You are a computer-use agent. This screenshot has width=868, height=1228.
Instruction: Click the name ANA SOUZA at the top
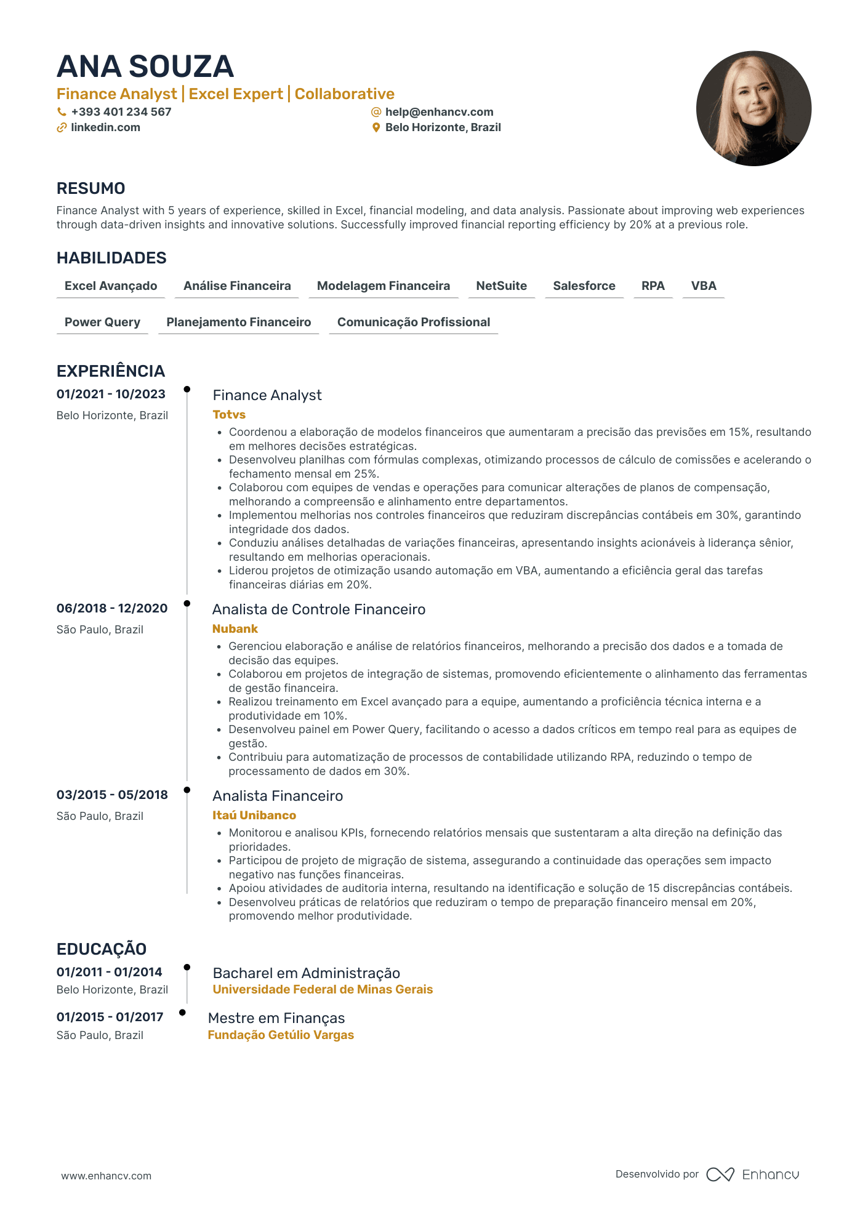pyautogui.click(x=145, y=66)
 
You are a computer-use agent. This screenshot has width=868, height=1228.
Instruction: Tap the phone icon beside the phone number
pyautogui.click(x=62, y=112)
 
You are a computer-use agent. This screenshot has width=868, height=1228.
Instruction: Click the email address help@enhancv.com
pyautogui.click(x=439, y=112)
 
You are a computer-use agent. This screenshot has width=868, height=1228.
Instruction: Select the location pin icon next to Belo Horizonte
pyautogui.click(x=376, y=128)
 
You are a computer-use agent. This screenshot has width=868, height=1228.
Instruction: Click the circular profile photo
pyautogui.click(x=753, y=108)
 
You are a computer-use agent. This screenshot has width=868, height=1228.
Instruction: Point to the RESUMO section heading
pyautogui.click(x=91, y=188)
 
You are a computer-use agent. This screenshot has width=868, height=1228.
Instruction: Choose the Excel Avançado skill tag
pyautogui.click(x=111, y=286)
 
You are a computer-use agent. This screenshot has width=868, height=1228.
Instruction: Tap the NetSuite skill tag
pyautogui.click(x=501, y=286)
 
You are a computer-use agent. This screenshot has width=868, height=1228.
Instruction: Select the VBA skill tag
pyautogui.click(x=703, y=286)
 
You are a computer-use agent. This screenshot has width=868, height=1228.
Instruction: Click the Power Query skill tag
pyautogui.click(x=102, y=323)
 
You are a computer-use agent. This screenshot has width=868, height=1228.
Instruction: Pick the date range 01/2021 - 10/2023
pyautogui.click(x=111, y=395)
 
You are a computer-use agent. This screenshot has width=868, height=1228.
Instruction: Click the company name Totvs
pyautogui.click(x=229, y=415)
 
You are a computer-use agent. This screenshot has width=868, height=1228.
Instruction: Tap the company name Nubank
pyautogui.click(x=235, y=629)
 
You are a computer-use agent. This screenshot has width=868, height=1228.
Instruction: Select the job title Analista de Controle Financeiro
pyautogui.click(x=319, y=609)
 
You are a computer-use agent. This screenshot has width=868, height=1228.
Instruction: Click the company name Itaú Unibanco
pyautogui.click(x=254, y=816)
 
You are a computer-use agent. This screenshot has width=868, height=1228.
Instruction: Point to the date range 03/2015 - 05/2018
pyautogui.click(x=112, y=795)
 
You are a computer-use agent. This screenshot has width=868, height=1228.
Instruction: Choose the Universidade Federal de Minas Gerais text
pyautogui.click(x=323, y=990)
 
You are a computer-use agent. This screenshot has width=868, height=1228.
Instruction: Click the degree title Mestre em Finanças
pyautogui.click(x=276, y=1018)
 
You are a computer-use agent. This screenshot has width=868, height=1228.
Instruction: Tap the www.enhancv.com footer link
pyautogui.click(x=106, y=1176)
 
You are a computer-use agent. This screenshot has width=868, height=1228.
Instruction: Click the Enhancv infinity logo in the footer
pyautogui.click(x=720, y=1174)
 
